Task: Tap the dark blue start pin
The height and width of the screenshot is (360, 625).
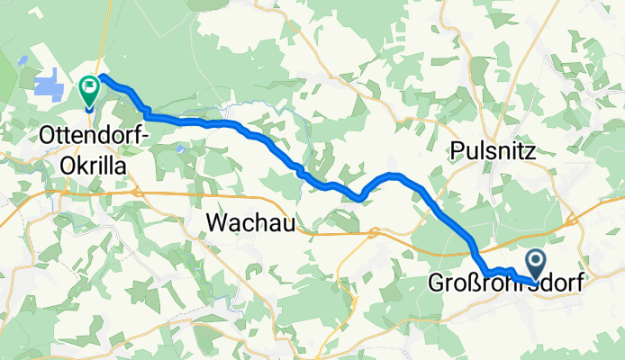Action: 537,264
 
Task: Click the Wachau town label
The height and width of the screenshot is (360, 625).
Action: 251,221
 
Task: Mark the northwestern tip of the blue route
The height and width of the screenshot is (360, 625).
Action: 102,76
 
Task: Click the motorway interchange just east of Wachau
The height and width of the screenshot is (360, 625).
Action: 372,234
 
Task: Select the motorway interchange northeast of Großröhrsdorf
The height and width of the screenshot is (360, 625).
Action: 570,220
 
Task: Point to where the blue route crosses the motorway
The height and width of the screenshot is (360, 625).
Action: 470,240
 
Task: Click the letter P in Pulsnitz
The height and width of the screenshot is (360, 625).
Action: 455,150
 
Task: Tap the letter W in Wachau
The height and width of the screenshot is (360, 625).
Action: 216,221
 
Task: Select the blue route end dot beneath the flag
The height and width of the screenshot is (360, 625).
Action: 89,108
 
